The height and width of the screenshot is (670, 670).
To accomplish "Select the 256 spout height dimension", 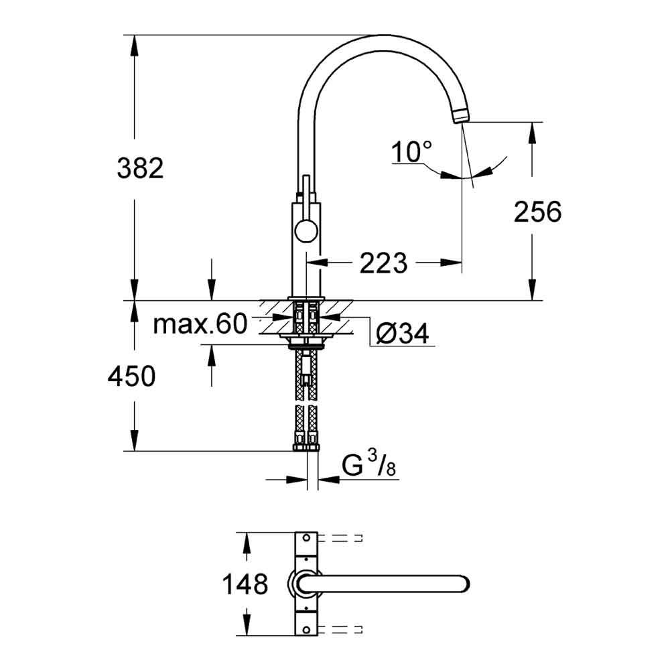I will pos(537,212).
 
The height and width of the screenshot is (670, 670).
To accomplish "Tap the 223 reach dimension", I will pos(383,263).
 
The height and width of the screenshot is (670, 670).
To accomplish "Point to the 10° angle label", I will pos(411,153).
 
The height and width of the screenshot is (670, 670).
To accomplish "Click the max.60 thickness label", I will pos(200,324).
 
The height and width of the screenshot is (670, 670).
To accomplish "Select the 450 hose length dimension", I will pos(131,377).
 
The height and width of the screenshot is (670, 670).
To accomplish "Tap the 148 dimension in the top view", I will pos(245,584).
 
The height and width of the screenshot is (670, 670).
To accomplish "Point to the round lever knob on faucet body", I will pos(304,232).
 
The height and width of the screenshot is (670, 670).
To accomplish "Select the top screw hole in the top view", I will pos(307,538).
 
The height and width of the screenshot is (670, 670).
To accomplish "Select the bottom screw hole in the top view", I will pos(307,630).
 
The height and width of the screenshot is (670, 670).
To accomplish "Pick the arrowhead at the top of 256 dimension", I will pos(533,129).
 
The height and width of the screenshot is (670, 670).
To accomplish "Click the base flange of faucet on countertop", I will pos(307,297).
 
